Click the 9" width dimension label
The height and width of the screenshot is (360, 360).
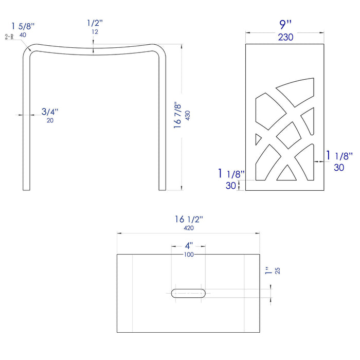(x=285, y=25)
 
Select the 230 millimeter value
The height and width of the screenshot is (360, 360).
(x=285, y=37)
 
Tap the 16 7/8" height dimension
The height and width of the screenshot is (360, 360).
(x=177, y=115)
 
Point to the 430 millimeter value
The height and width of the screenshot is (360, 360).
(x=188, y=116)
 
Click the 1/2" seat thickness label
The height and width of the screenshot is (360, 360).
(x=95, y=23)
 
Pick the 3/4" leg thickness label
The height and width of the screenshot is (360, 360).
(x=50, y=112)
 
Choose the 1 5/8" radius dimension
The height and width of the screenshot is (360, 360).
(x=23, y=26)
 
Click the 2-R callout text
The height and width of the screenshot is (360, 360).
(x=9, y=37)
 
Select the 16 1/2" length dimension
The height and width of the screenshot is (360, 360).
(x=189, y=219)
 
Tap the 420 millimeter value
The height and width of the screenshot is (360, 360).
(x=189, y=228)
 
